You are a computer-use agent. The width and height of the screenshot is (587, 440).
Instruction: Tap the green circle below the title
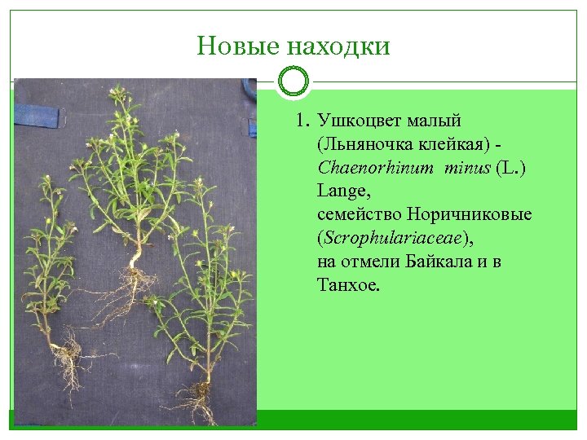tap(293, 81)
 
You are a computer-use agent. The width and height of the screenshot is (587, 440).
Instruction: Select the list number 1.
tap(302, 121)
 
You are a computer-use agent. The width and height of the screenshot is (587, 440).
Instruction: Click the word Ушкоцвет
tap(357, 121)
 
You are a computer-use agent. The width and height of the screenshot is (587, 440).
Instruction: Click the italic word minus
tap(468, 169)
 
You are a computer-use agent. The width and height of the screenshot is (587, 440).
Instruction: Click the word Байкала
tap(452, 262)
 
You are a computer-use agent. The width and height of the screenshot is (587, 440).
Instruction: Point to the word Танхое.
tap(348, 285)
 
